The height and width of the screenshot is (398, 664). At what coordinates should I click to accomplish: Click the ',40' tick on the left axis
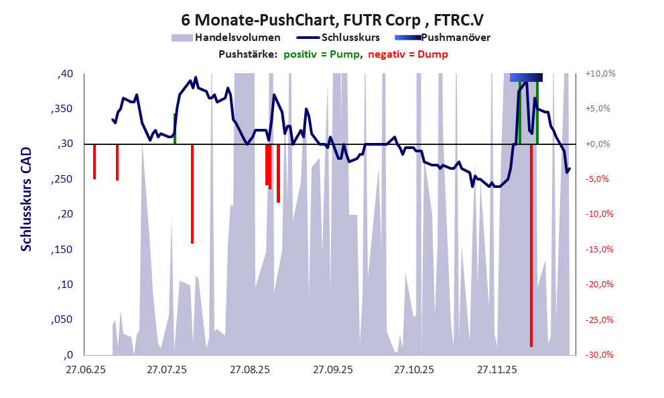coord(65,74)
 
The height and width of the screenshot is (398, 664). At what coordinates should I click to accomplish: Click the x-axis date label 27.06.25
coord(84,369)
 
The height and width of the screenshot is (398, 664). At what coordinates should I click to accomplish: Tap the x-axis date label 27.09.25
coord(332,369)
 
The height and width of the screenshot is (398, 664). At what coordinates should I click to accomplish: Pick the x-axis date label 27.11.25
coord(496,369)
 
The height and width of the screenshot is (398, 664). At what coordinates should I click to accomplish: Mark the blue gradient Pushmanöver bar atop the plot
coord(526,78)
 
